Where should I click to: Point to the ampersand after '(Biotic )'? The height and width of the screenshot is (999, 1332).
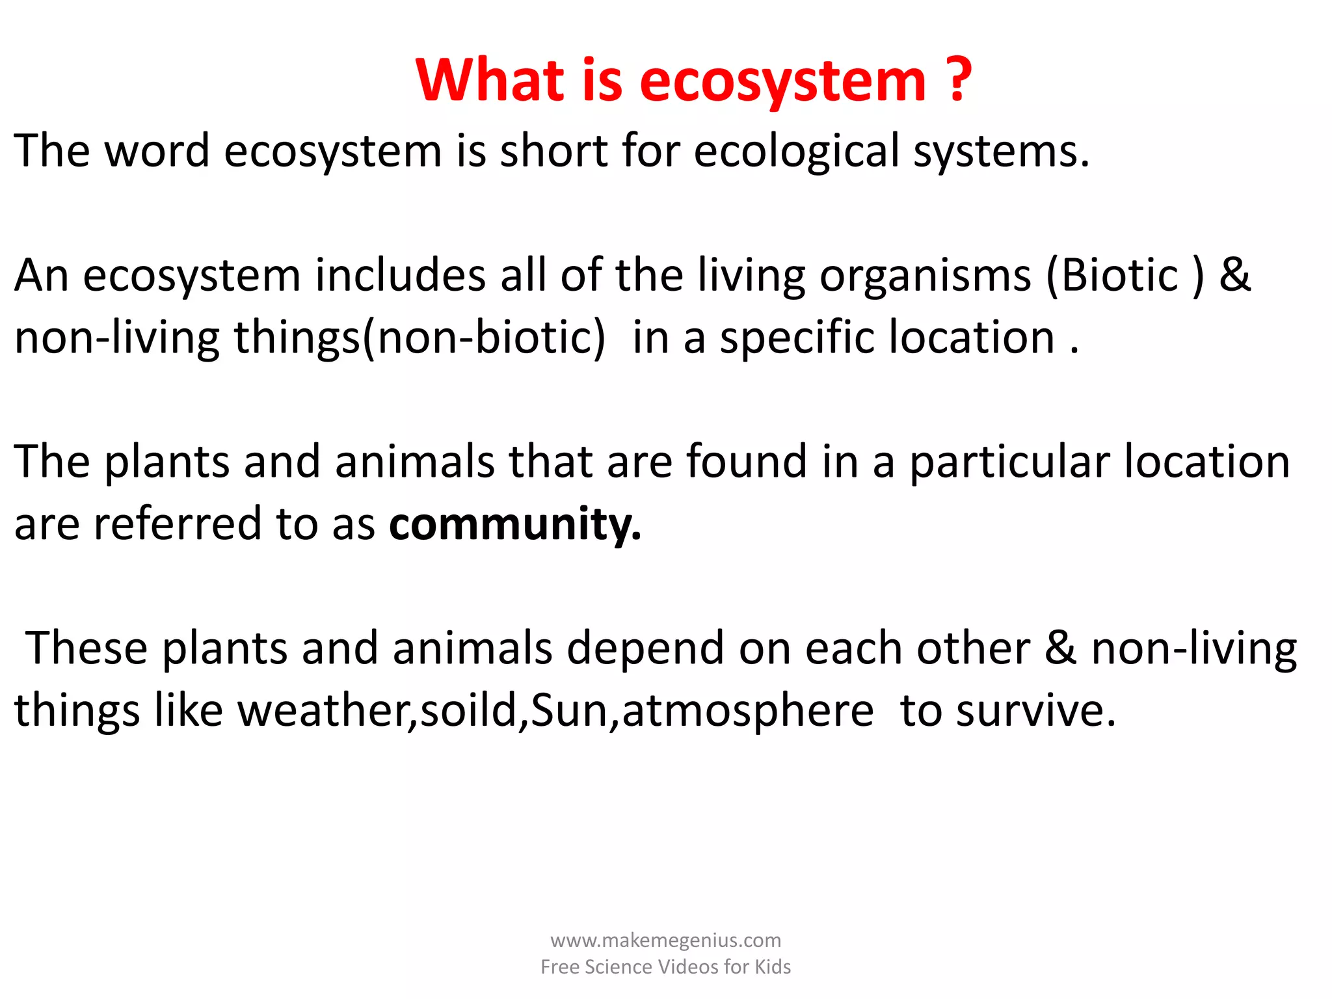(1234, 276)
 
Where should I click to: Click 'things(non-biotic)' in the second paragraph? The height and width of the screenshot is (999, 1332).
(420, 338)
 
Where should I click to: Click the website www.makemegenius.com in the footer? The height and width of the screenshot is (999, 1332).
(665, 940)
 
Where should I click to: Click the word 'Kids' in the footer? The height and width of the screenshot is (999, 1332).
(773, 967)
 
